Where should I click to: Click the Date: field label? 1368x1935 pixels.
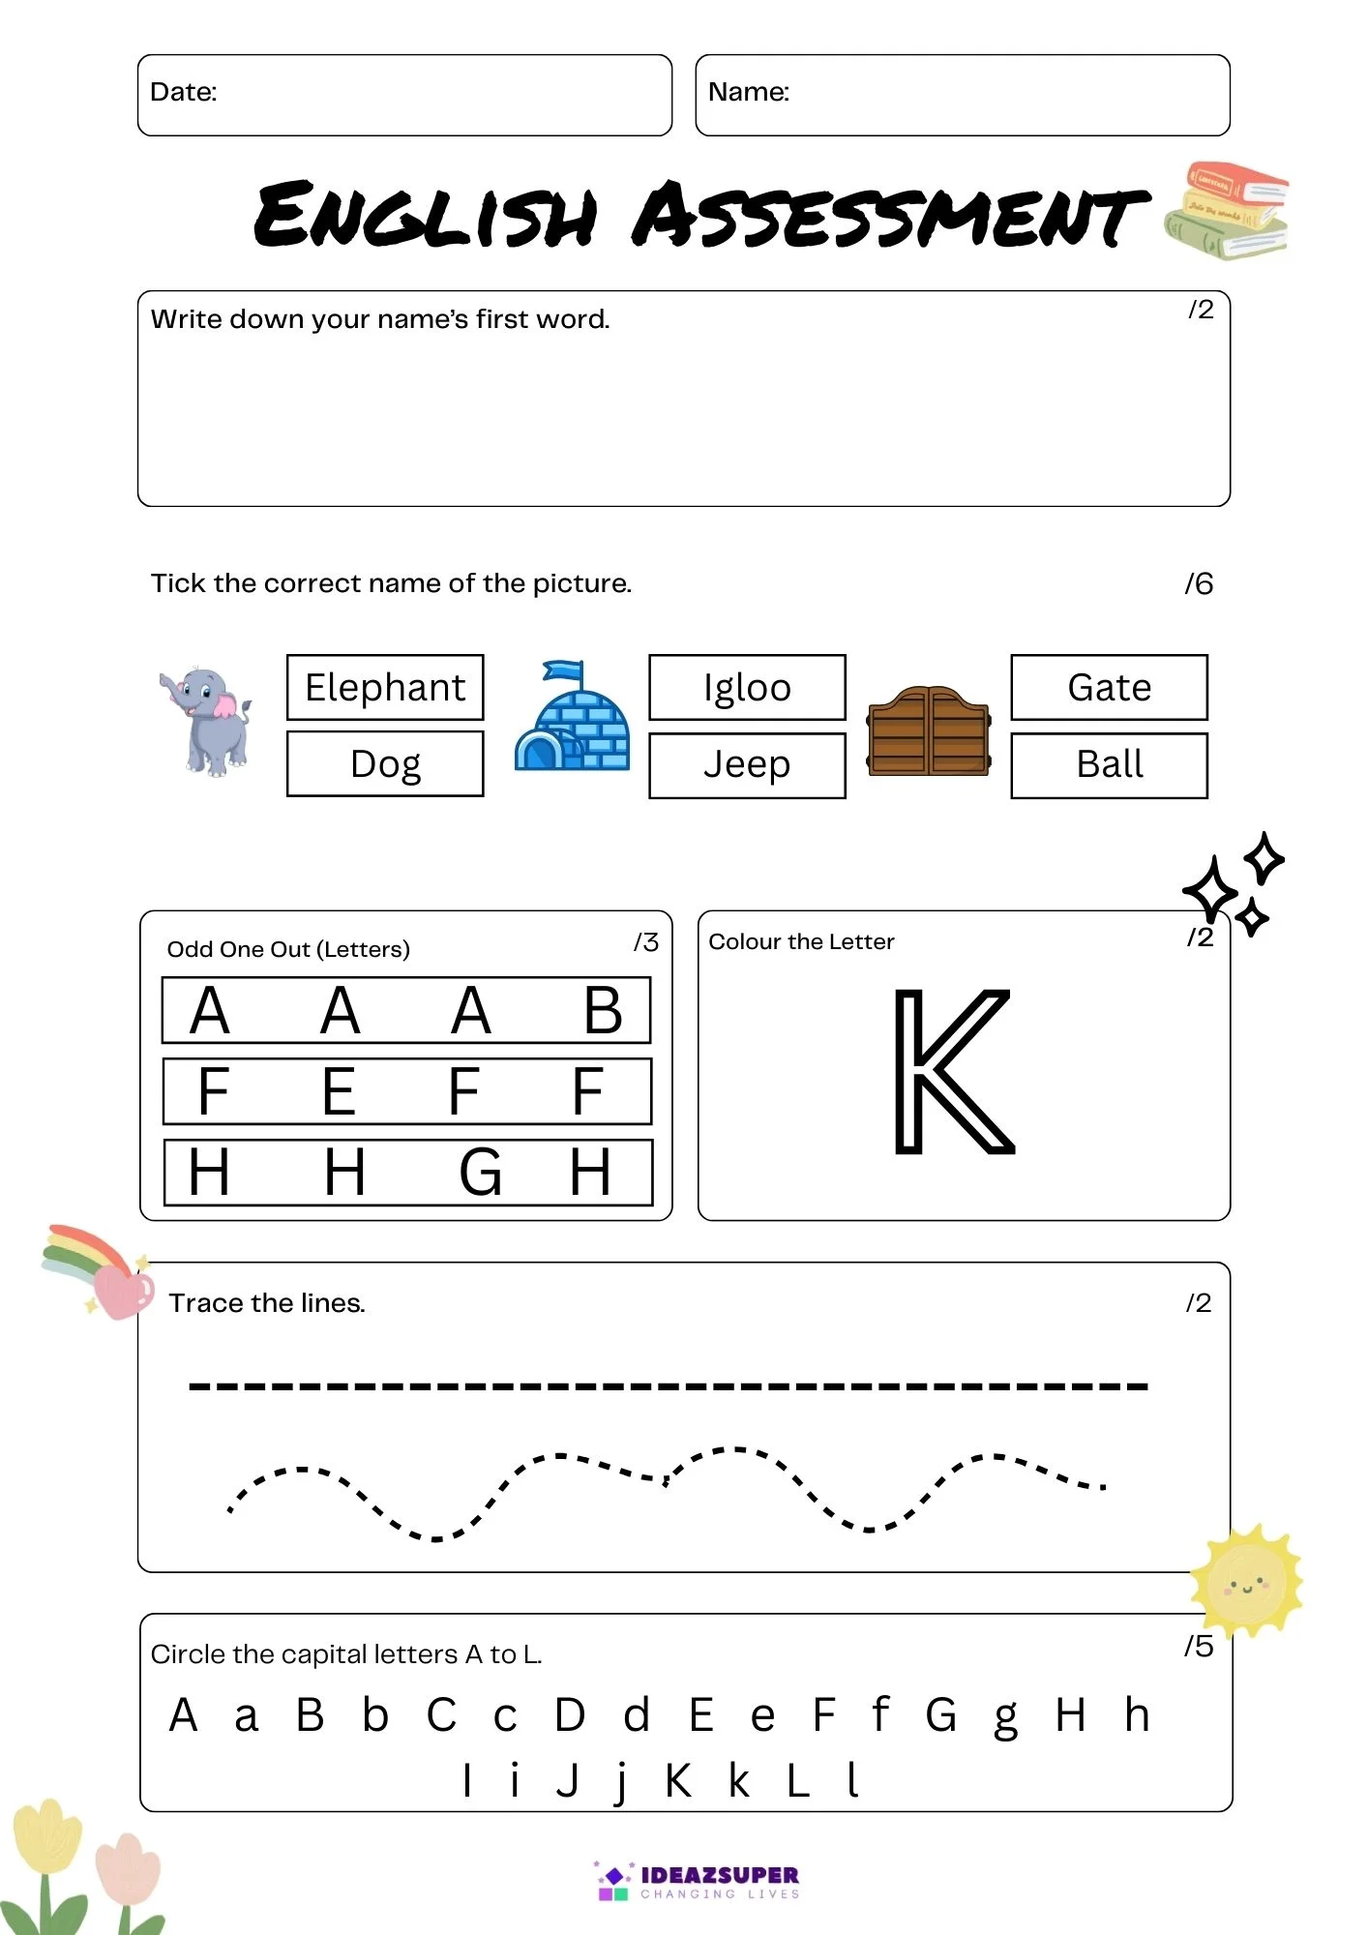(x=184, y=92)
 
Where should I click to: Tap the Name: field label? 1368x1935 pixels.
(x=749, y=92)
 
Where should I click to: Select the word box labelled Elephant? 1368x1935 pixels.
(x=385, y=688)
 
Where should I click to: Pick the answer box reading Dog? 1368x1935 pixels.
(x=385, y=764)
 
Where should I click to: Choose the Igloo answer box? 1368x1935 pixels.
(x=747, y=688)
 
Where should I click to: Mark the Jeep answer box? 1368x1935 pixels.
(x=747, y=765)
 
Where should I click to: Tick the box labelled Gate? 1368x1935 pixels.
(x=1109, y=688)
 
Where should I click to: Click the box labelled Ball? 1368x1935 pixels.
(x=1109, y=765)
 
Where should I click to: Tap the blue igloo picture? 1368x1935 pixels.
(x=572, y=718)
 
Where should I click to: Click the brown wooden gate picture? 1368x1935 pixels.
(x=929, y=731)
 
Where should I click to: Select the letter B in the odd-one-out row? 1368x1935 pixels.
(x=603, y=1011)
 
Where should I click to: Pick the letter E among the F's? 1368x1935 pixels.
(x=339, y=1092)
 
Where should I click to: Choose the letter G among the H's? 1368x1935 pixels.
(x=480, y=1173)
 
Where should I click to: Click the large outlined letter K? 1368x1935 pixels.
(x=952, y=1071)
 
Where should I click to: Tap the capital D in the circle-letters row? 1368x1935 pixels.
(x=570, y=1715)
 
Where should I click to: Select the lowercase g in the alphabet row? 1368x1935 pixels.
(x=1006, y=1718)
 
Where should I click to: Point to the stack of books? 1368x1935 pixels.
(x=1228, y=211)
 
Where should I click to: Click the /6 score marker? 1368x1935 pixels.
(x=1199, y=583)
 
